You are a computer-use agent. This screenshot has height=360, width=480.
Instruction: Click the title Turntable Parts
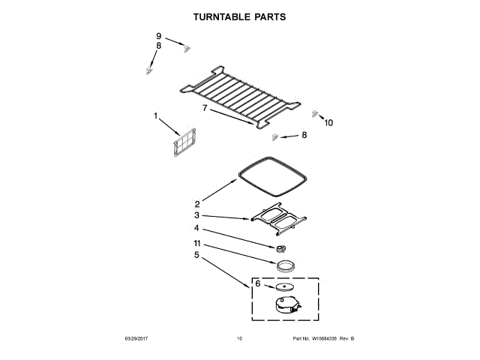[x=239, y=15]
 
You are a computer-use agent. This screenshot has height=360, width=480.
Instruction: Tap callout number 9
[x=159, y=36]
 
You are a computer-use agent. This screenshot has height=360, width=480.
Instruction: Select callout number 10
[x=328, y=123]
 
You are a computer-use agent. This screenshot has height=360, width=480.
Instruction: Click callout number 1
[x=156, y=116]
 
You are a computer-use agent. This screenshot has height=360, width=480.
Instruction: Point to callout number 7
[x=204, y=108]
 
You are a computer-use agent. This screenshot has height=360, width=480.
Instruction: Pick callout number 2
[x=197, y=204]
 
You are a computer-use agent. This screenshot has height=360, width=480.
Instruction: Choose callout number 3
[x=197, y=215]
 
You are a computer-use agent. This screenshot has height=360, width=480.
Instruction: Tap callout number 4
[x=197, y=228]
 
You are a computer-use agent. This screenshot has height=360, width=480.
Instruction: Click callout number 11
[x=197, y=244]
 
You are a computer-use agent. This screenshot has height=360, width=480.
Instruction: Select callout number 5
[x=197, y=255]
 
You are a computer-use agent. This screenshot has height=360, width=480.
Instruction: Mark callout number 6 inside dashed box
[x=257, y=284]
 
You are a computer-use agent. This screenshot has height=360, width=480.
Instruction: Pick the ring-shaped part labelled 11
[x=285, y=265]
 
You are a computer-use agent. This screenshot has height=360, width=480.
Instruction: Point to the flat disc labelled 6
[x=284, y=286]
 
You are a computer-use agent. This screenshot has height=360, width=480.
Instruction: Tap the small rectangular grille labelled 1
[x=184, y=144]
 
